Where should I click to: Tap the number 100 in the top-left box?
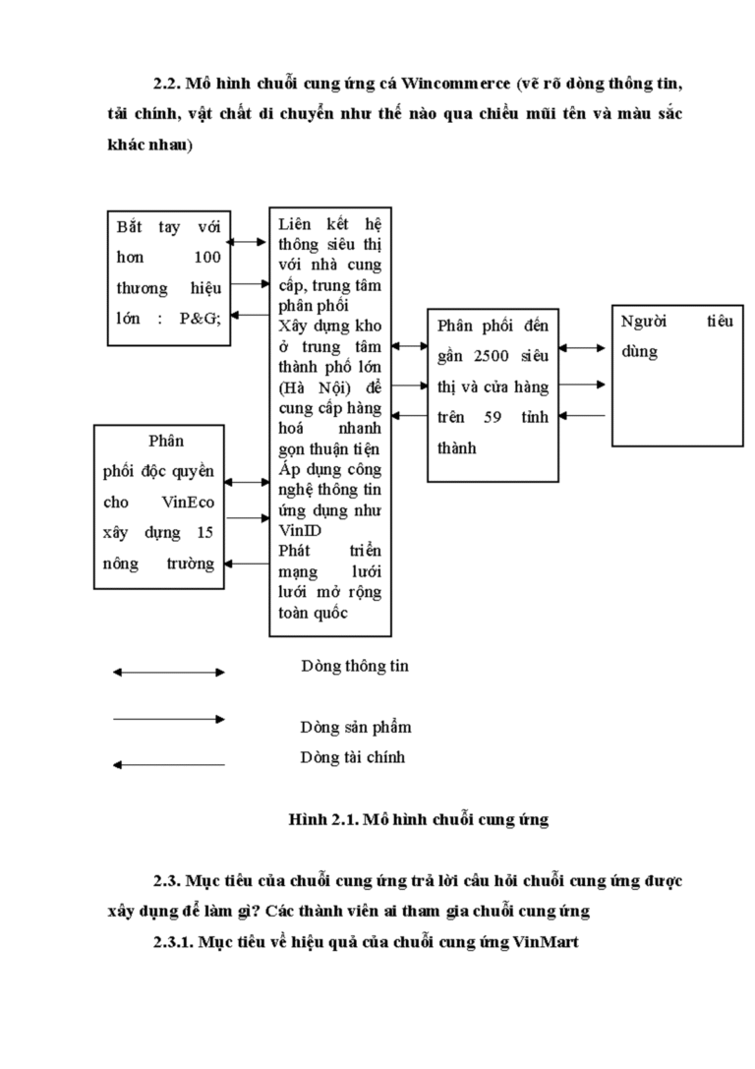[205, 257]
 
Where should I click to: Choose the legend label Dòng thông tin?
[354, 666]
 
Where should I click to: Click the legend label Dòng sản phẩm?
[355, 728]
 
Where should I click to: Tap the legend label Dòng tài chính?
[353, 757]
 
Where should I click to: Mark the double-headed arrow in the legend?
[168, 673]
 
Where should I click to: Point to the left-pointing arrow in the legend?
[168, 764]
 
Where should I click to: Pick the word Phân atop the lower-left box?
[165, 441]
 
